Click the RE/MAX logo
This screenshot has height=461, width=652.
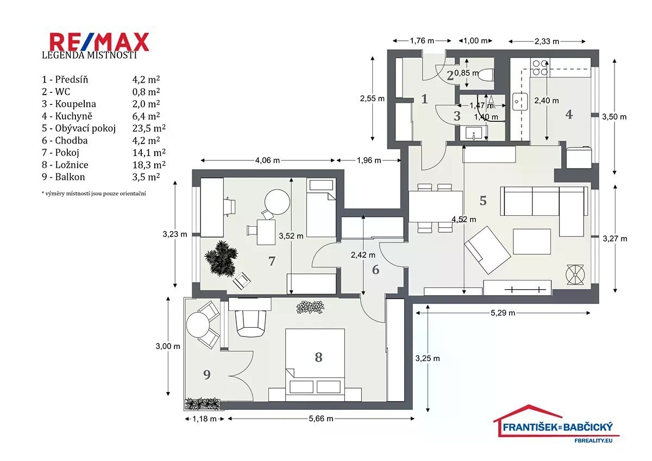[99, 42]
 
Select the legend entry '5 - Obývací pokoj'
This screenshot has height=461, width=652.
[79, 128]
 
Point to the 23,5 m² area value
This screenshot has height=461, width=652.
[149, 128]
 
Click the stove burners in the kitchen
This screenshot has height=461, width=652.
[540, 67]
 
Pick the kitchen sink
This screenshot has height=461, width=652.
[520, 102]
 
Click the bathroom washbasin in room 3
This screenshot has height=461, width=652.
[474, 133]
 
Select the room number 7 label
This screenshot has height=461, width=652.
[272, 261]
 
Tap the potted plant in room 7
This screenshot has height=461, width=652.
[221, 258]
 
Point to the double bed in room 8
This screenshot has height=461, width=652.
[315, 365]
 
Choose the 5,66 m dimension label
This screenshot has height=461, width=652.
[321, 419]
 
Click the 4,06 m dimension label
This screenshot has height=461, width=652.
[267, 160]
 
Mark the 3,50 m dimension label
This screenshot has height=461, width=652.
[614, 117]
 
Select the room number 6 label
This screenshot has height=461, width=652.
[375, 270]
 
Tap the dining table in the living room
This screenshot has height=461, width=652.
[436, 207]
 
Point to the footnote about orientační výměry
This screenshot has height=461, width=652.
[93, 194]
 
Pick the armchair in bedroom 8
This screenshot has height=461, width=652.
[250, 323]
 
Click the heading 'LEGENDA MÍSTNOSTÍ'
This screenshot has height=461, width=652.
[89, 55]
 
